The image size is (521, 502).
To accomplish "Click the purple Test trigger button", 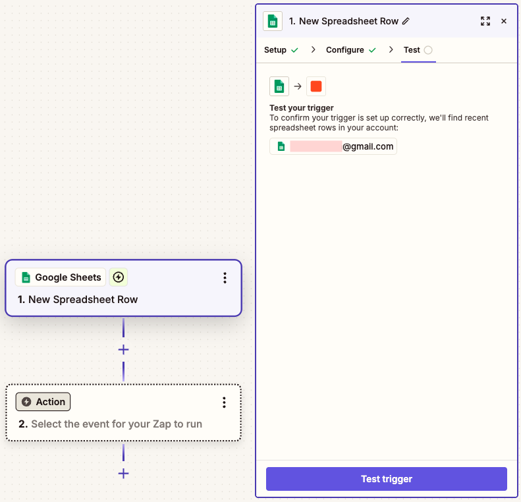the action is pyautogui.click(x=387, y=479).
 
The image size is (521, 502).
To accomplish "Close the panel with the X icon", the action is pyautogui.click(x=504, y=21).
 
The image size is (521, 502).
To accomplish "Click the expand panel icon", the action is pyautogui.click(x=485, y=21).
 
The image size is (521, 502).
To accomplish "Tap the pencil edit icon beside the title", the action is pyautogui.click(x=406, y=21).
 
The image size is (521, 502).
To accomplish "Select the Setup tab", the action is pyautogui.click(x=275, y=50).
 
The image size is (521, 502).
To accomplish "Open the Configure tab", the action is pyautogui.click(x=345, y=50).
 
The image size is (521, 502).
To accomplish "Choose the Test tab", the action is pyautogui.click(x=412, y=50).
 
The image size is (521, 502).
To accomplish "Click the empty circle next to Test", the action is pyautogui.click(x=428, y=50).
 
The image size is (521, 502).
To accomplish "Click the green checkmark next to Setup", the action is pyautogui.click(x=294, y=50).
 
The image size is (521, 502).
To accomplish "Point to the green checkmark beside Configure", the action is pyautogui.click(x=372, y=50).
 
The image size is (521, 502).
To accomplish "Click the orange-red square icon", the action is pyautogui.click(x=316, y=86).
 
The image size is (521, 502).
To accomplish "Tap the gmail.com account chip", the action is pyautogui.click(x=333, y=146).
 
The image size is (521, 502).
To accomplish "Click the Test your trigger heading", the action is pyautogui.click(x=302, y=107).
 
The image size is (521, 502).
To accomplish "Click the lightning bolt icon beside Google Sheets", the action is pyautogui.click(x=119, y=277).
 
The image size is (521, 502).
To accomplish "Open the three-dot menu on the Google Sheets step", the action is pyautogui.click(x=225, y=278).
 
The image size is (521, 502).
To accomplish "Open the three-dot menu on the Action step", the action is pyautogui.click(x=225, y=403).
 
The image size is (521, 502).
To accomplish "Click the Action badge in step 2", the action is pyautogui.click(x=43, y=402).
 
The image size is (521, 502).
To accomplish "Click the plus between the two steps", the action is pyautogui.click(x=123, y=350).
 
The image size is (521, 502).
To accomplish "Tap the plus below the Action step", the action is pyautogui.click(x=123, y=474).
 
